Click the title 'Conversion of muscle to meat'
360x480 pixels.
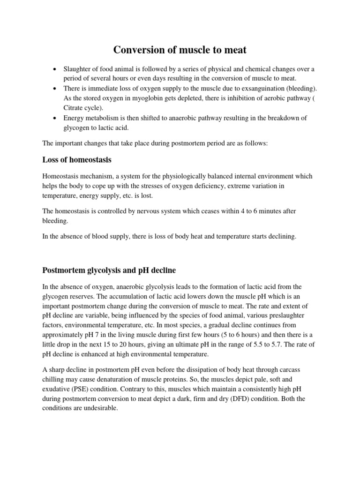180,50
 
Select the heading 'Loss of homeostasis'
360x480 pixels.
77,160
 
